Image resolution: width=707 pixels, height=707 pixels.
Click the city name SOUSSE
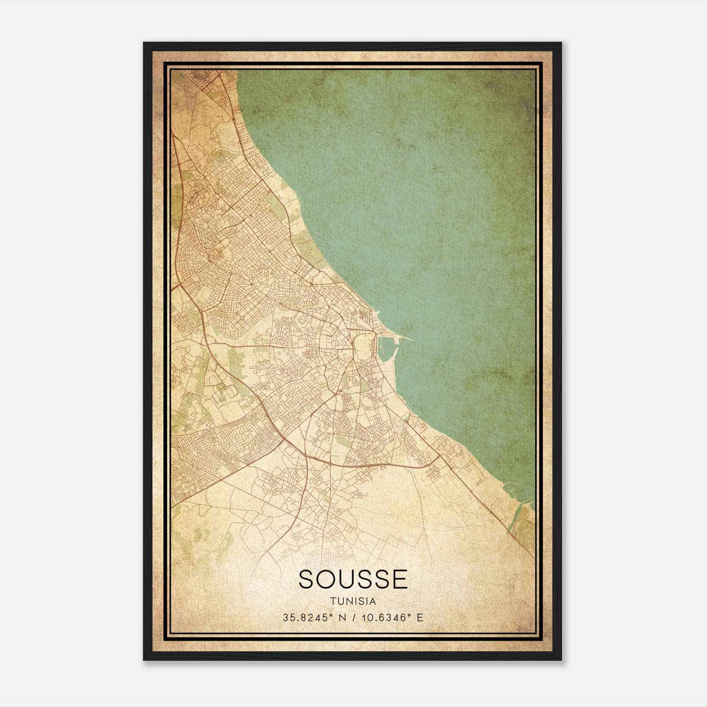353,579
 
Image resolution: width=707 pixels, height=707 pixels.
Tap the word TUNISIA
353,601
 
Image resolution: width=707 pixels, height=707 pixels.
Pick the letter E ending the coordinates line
420,617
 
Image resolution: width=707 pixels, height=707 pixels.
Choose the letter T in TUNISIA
332,601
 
